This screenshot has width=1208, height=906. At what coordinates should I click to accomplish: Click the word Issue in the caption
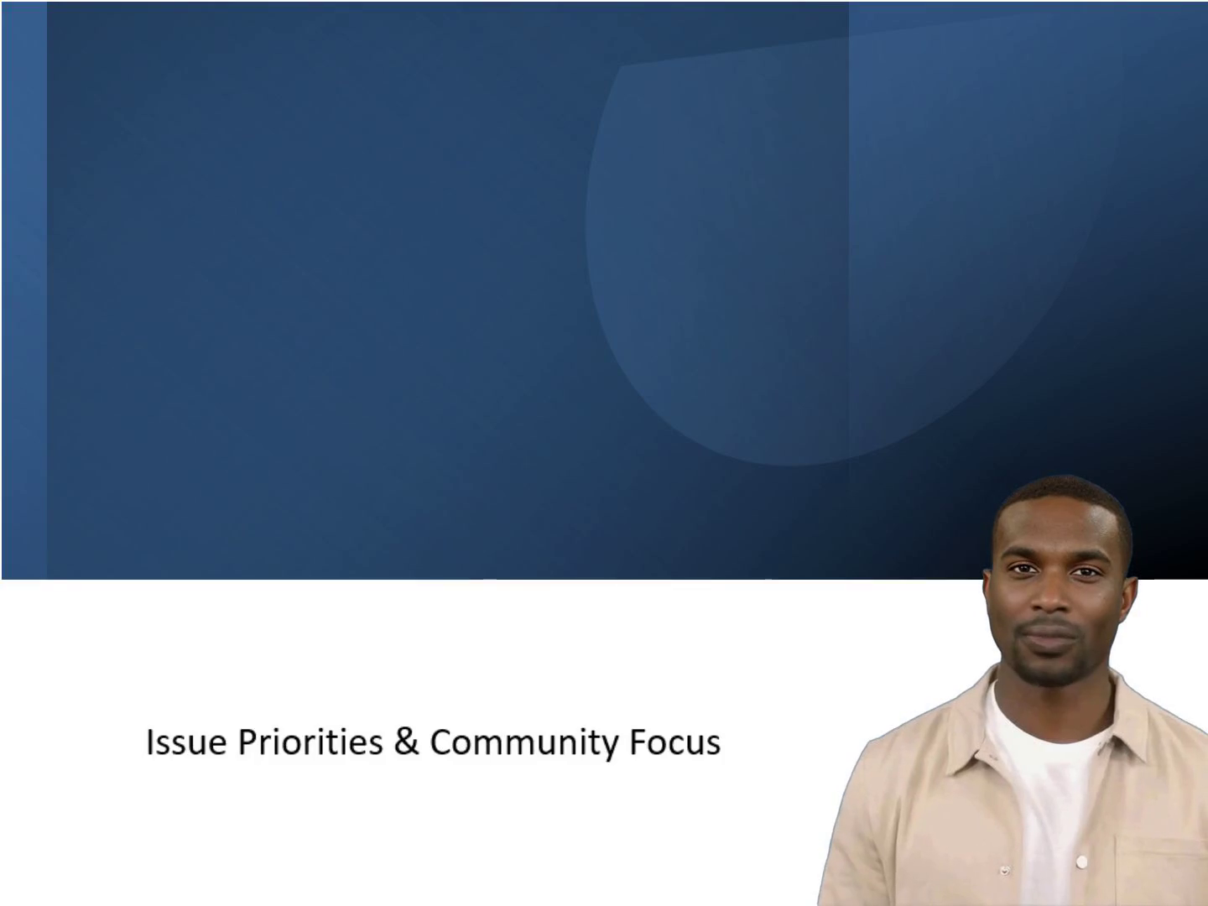click(x=186, y=742)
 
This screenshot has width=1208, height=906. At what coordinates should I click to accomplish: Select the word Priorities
click(x=310, y=742)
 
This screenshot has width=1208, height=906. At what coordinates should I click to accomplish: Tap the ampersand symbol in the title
click(x=406, y=742)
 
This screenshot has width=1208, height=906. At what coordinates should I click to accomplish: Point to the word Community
click(x=524, y=743)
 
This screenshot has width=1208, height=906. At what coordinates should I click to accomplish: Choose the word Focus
click(x=675, y=742)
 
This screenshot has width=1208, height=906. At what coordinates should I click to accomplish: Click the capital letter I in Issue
click(x=149, y=742)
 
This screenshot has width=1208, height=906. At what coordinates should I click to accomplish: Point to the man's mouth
click(x=1049, y=633)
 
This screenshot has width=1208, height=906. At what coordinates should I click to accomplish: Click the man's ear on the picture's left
click(x=988, y=600)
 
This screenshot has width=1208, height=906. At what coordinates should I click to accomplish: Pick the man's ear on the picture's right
click(x=1129, y=602)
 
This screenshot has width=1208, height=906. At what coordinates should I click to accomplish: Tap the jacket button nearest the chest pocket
click(x=1081, y=861)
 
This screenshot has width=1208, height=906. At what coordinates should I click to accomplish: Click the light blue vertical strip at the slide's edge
click(x=24, y=290)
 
